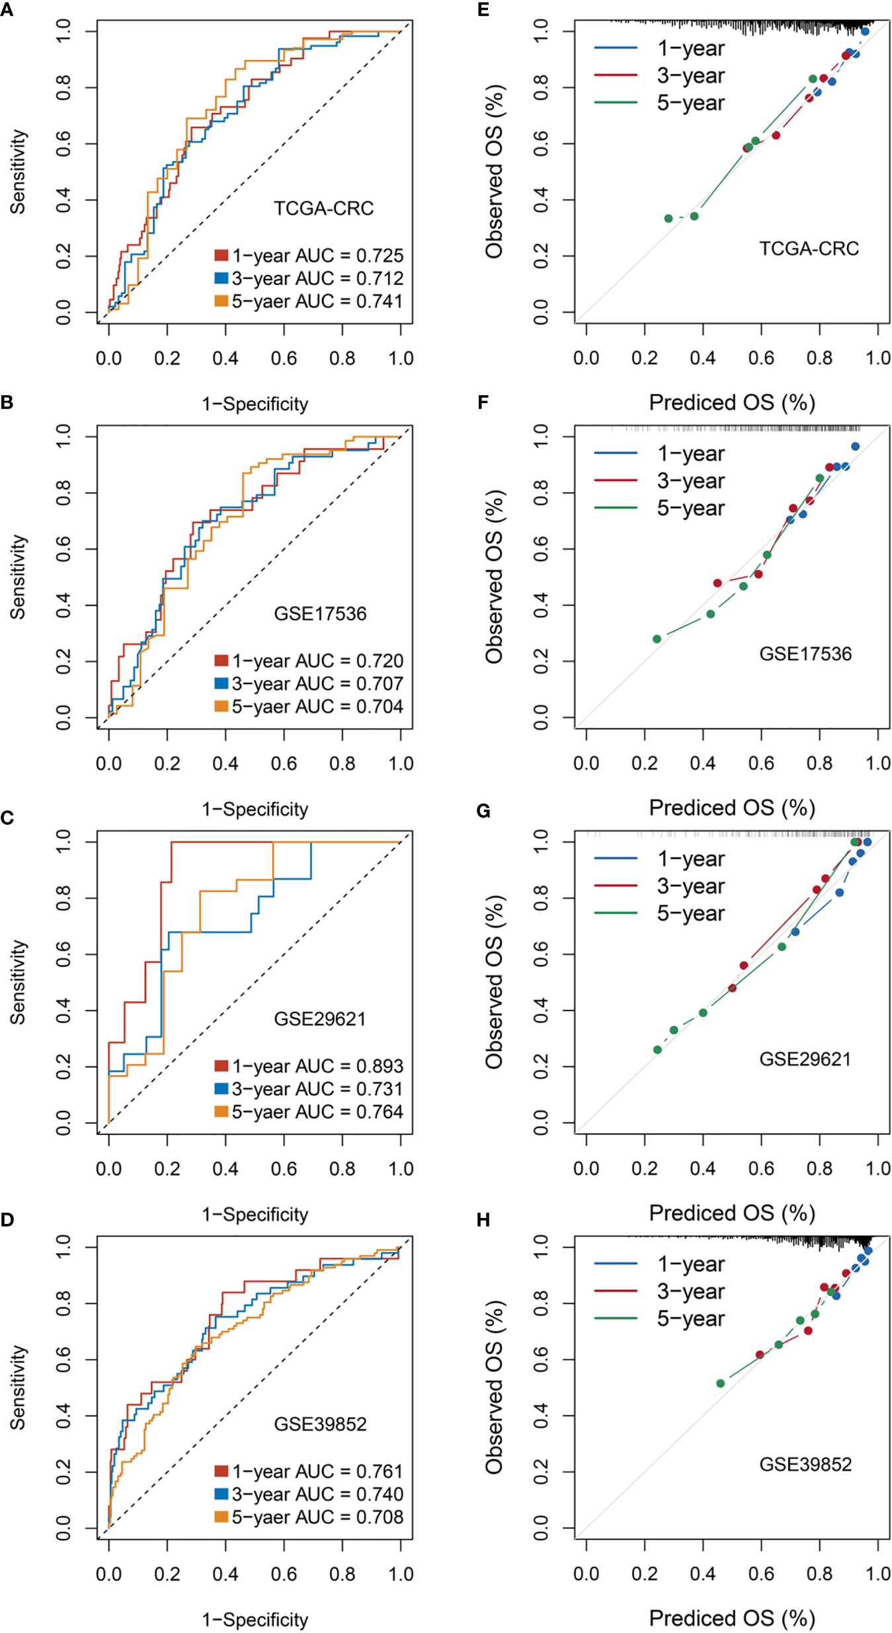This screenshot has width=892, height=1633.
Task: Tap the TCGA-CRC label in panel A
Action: click(x=324, y=209)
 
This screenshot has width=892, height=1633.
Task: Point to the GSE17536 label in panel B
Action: click(x=320, y=614)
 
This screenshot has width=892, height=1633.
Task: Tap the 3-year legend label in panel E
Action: click(x=690, y=76)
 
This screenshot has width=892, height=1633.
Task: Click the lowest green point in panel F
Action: click(x=657, y=639)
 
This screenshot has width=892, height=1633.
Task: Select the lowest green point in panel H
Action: click(x=721, y=1384)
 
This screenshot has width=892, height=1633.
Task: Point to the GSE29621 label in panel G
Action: click(x=805, y=1059)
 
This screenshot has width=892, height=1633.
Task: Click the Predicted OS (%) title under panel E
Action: click(x=731, y=402)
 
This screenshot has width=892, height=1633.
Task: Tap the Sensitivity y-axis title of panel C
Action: click(x=18, y=982)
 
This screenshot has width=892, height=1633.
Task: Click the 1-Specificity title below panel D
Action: click(x=255, y=1620)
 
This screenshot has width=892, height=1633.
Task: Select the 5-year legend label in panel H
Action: click(x=690, y=1319)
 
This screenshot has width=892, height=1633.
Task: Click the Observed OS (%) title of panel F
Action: click(x=495, y=576)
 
